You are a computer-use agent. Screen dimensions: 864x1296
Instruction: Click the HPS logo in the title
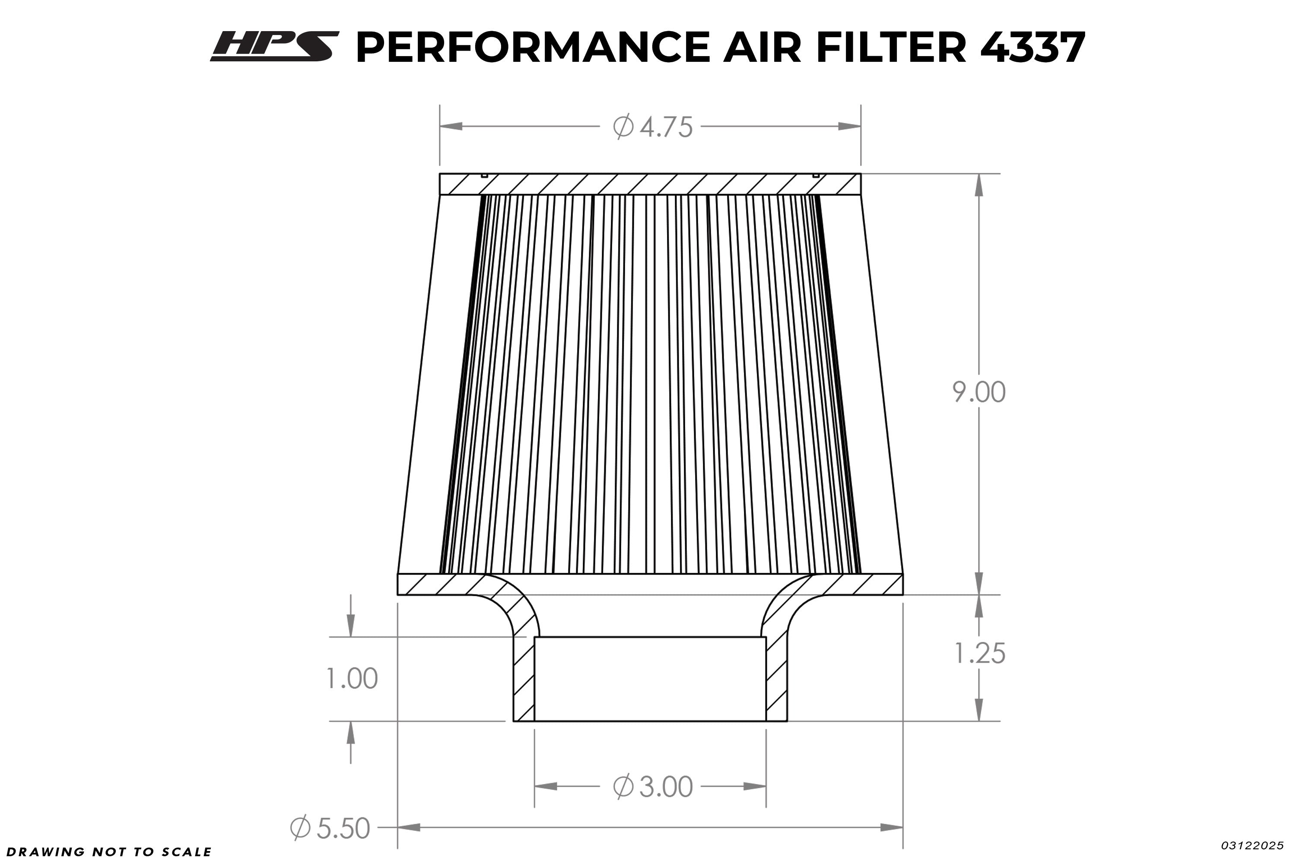[274, 46]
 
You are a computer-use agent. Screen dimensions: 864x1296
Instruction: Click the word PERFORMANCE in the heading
[533, 48]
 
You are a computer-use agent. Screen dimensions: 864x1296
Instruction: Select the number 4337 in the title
[1032, 48]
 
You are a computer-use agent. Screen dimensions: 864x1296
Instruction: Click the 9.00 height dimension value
[978, 392]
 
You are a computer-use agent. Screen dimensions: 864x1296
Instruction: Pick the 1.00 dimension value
[352, 678]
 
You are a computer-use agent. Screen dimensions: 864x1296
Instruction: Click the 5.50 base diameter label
[330, 828]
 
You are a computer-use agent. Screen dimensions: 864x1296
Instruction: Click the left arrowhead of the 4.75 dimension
[451, 126]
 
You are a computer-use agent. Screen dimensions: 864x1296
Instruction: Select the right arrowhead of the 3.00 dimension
[755, 786]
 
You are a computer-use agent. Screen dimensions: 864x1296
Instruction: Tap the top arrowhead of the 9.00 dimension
[978, 186]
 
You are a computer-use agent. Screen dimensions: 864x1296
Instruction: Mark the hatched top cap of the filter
[650, 184]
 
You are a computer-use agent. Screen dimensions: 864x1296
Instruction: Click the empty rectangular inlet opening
[650, 679]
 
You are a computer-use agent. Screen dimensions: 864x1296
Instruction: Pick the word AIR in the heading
[762, 48]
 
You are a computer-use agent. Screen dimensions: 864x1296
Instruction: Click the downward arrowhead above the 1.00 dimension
[350, 626]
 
